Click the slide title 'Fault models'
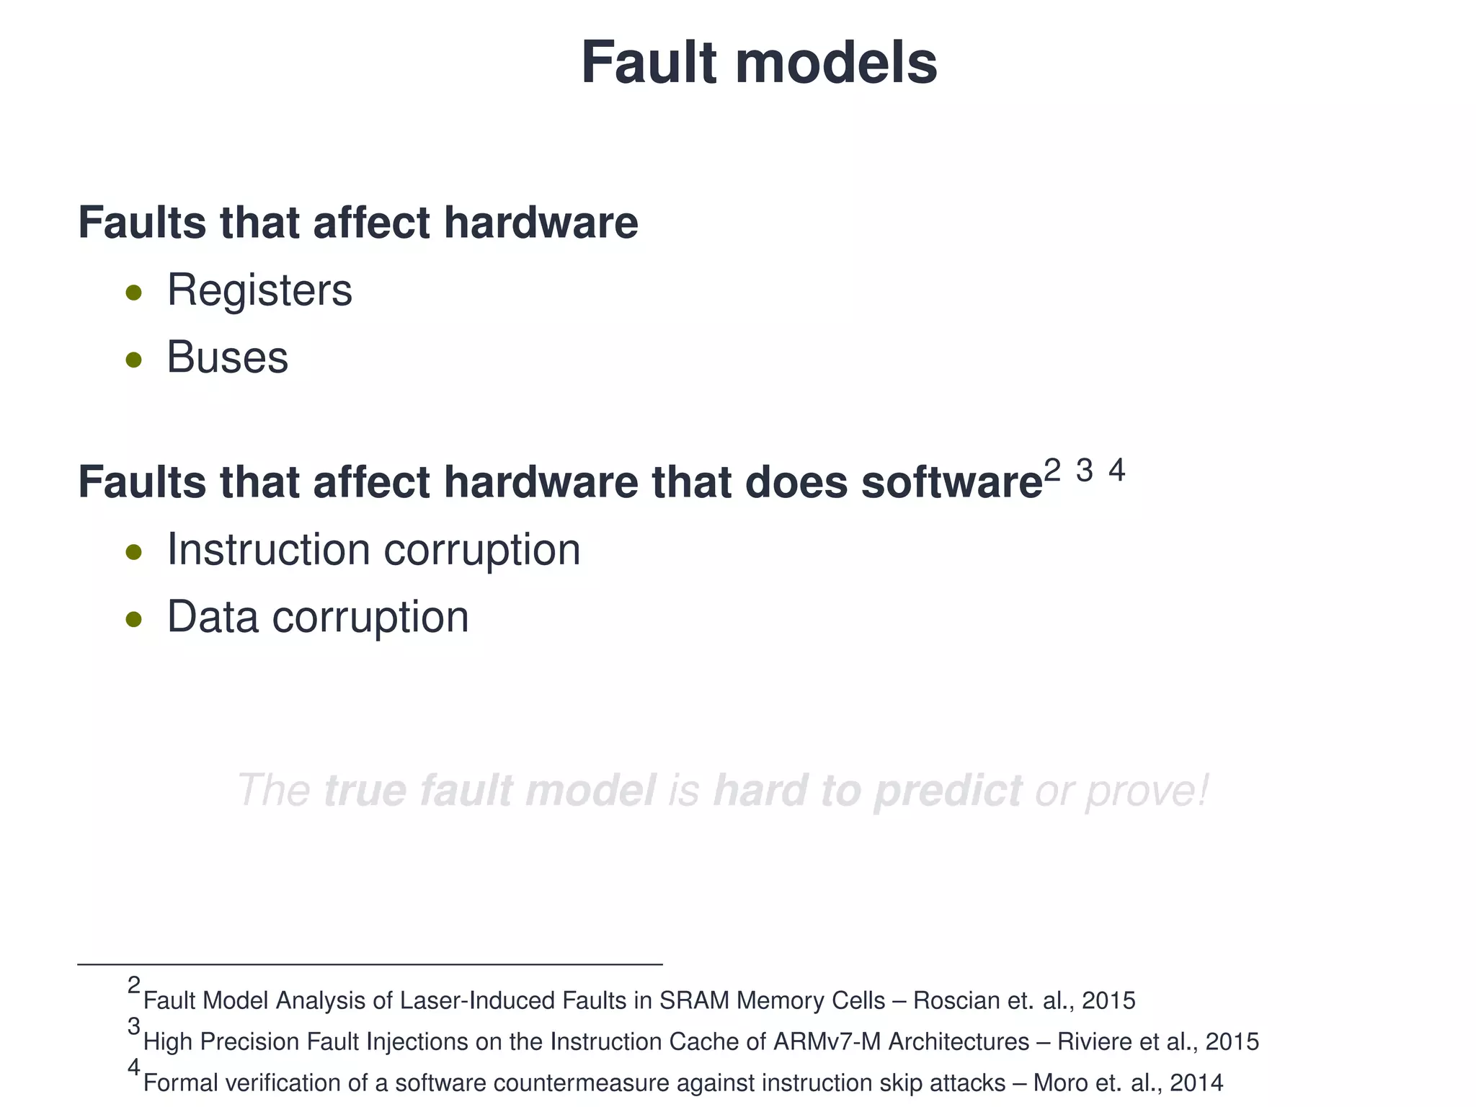pyautogui.click(x=758, y=63)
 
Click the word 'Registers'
pyautogui.click(x=259, y=290)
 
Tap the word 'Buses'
pyautogui.click(x=227, y=357)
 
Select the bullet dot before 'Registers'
pyautogui.click(x=133, y=293)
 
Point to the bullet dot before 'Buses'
pyautogui.click(x=133, y=360)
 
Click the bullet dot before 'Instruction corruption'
pyautogui.click(x=133, y=552)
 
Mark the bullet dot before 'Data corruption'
pyautogui.click(x=133, y=619)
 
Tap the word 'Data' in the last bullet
pyautogui.click(x=213, y=618)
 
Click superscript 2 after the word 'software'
pyautogui.click(x=1052, y=471)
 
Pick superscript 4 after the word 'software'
pyautogui.click(x=1116, y=471)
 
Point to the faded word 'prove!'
pyautogui.click(x=1146, y=791)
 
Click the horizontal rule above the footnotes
pyautogui.click(x=370, y=964)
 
